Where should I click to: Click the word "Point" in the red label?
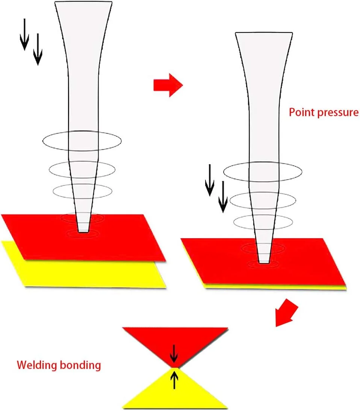tap(299, 112)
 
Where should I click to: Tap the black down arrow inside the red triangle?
tap(174, 353)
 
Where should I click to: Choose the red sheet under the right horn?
tap(301, 263)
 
